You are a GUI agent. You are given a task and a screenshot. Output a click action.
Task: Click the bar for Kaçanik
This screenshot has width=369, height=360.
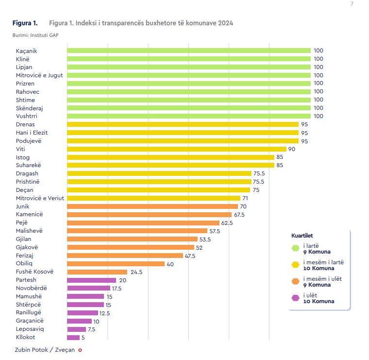188,51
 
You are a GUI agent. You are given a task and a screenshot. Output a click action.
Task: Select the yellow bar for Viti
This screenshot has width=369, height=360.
176,149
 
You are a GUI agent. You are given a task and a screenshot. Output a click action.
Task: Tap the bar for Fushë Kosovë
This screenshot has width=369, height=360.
97,272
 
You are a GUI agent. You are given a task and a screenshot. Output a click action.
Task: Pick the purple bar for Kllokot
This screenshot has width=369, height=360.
73,338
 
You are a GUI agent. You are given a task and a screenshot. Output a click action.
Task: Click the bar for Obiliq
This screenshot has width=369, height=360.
116,264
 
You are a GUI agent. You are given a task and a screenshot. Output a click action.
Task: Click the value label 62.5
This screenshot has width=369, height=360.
227,223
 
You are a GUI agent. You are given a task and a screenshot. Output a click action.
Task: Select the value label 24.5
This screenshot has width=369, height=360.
135,272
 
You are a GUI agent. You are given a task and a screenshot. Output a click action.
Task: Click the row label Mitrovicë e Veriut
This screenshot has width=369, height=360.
40,198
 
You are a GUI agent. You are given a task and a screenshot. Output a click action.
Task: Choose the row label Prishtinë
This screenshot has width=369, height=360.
28,182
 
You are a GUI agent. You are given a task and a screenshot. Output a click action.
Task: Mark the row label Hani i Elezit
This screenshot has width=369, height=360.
32,133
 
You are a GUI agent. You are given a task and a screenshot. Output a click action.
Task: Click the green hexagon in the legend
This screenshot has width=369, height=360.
295,248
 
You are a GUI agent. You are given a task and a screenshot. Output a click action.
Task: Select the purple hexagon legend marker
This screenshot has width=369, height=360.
295,298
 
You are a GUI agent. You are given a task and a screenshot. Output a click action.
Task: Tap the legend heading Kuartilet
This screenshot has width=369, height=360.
302,236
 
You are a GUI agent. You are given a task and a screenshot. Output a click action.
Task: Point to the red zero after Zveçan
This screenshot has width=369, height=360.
80,350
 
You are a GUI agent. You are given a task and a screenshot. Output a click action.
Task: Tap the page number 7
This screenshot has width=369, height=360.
352,4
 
